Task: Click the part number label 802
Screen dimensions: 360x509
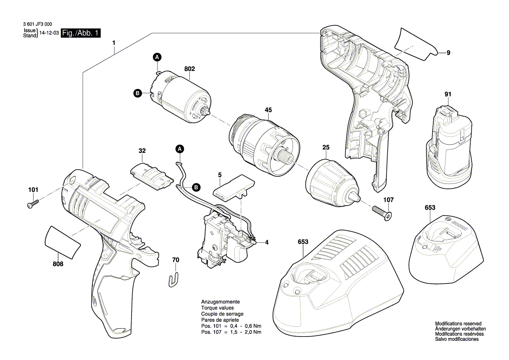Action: coord(189,69)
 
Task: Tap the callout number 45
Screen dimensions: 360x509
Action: coord(268,110)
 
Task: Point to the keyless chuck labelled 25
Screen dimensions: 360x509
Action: coord(331,182)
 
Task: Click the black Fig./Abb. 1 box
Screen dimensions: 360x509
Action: coord(81,33)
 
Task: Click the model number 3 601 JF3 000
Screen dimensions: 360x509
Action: coord(37,25)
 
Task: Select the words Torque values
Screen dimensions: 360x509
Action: coord(217,308)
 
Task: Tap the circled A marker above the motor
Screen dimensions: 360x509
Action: coord(157,57)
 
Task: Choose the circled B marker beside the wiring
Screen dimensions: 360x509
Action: coord(196,187)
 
